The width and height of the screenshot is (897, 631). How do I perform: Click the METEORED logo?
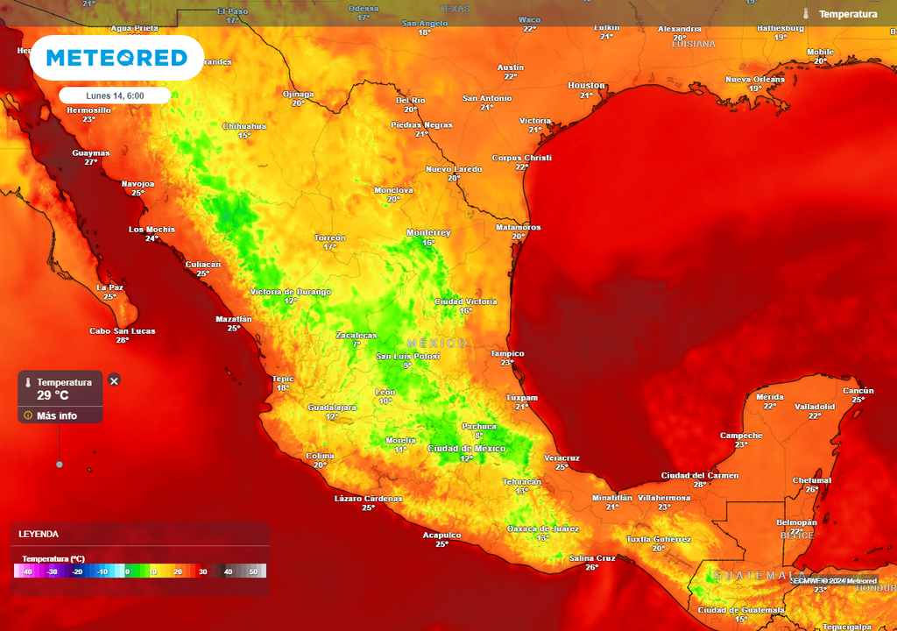coord(117,59)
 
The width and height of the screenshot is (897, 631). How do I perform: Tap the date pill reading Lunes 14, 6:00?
coord(115,96)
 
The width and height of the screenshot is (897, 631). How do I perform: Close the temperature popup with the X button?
coord(114,380)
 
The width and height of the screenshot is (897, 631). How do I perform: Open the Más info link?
coord(56,415)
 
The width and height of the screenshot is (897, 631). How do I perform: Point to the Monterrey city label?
coord(428,232)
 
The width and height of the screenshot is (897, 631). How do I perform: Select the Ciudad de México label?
coord(466,449)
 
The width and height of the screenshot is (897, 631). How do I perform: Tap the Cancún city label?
coord(858,390)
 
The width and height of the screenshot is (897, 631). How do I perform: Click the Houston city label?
coord(586,85)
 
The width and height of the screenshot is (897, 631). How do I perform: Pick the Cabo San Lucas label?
coord(123,330)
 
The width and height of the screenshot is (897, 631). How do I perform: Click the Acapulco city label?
coord(441,535)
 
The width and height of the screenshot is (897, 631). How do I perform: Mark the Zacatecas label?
coord(357,335)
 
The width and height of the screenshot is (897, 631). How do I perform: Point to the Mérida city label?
coord(769,397)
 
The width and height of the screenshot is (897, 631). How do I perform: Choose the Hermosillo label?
coord(88,110)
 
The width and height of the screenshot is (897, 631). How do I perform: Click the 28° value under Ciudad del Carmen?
coord(699,485)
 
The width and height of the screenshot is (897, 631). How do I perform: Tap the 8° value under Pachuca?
coord(478,436)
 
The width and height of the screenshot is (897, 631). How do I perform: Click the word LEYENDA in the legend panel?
coord(39,534)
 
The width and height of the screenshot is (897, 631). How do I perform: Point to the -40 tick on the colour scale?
coord(27,571)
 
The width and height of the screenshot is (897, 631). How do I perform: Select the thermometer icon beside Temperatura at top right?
coord(806,14)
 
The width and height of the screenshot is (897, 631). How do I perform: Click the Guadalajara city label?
coord(332,408)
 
